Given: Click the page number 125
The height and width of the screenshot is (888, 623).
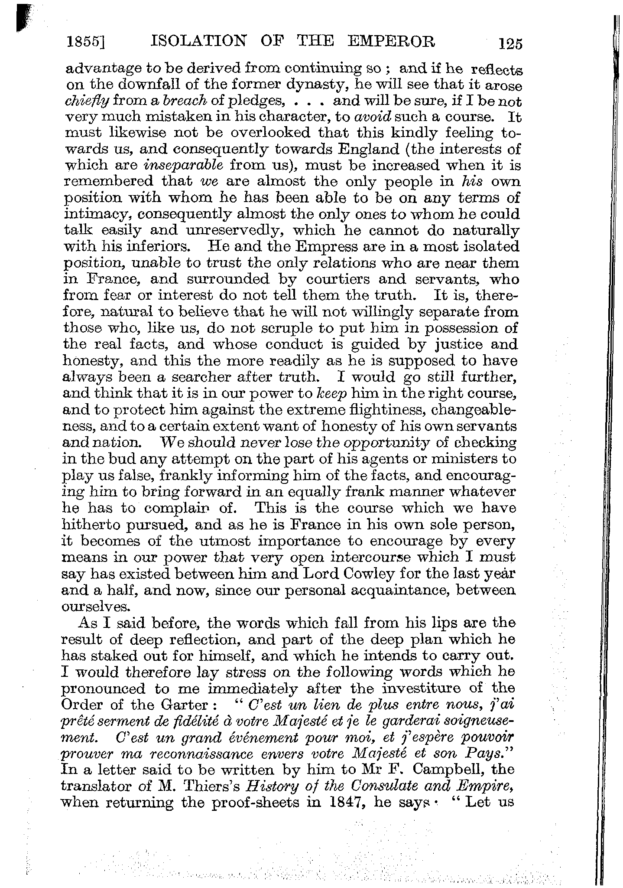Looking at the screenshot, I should (x=511, y=44).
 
